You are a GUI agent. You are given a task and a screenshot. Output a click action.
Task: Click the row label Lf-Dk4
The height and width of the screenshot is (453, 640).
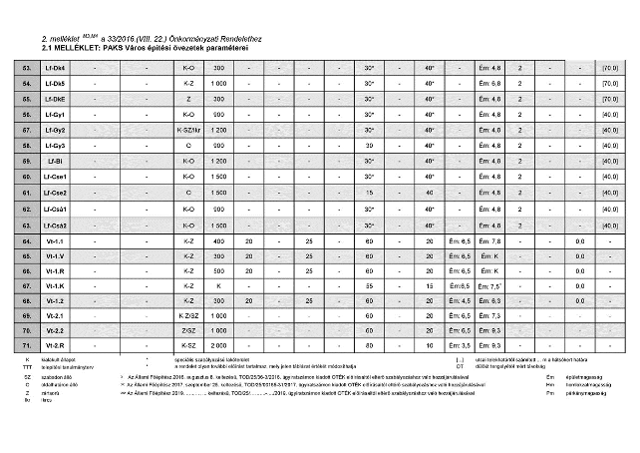pos(55,68)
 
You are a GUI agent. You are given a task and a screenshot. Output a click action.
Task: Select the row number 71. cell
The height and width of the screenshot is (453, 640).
pos(27,344)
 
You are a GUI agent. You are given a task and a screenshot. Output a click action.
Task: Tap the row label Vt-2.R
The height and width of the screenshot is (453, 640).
pos(55,344)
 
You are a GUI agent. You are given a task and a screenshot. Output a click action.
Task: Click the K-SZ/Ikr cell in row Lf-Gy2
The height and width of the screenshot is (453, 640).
pos(188,130)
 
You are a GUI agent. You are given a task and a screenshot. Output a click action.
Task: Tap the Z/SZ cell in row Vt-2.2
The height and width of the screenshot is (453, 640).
pos(188,329)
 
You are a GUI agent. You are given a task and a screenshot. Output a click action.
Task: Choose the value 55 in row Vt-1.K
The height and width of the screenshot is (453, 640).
pos(369,285)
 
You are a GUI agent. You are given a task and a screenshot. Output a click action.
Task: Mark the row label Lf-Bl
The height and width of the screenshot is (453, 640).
pos(55,160)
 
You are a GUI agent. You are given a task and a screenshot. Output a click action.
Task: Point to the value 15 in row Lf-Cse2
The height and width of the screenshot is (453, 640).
pos(369,191)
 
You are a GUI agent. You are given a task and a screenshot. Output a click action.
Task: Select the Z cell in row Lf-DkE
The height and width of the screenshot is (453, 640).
pos(188,99)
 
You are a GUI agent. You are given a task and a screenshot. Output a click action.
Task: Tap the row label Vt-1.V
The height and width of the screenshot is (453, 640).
pos(55,255)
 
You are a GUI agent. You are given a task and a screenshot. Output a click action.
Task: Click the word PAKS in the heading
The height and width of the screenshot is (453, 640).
pos(111,47)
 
